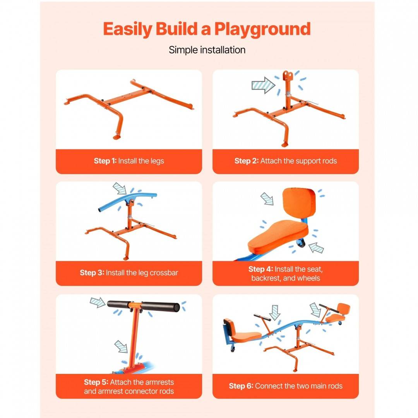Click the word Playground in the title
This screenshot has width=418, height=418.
pos(262,29)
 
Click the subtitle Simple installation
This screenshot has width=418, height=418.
pos(207,50)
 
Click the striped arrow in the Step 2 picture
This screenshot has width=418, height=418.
pos(264,85)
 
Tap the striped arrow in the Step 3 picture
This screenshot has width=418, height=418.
pos(120,188)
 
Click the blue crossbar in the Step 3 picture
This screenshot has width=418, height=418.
pos(127,199)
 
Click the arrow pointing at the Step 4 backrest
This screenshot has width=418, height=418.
pos(267,199)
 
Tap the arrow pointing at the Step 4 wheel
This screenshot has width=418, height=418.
pos(316,248)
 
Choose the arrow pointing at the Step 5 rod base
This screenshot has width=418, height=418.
pos(121,346)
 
